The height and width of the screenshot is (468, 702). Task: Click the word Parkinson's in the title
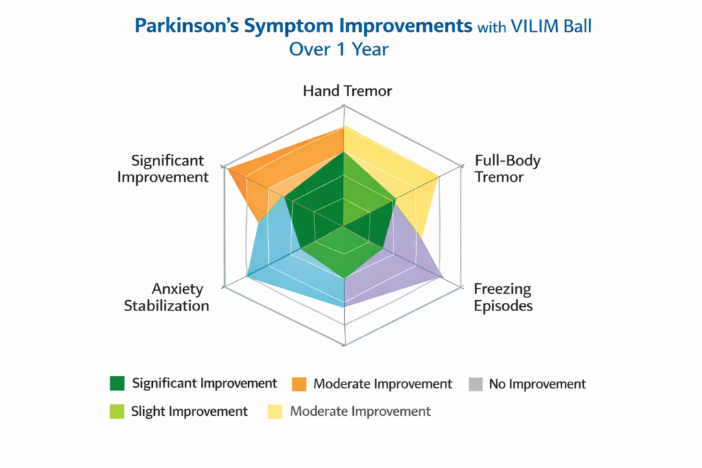click(178, 26)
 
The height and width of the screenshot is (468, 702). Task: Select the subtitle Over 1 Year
click(339, 49)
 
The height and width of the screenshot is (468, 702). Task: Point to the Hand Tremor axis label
click(348, 91)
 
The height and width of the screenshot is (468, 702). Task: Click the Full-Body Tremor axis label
click(507, 169)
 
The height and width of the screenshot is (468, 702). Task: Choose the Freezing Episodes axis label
click(503, 297)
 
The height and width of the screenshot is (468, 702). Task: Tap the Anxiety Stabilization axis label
click(167, 297)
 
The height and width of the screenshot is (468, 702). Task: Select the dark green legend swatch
click(117, 384)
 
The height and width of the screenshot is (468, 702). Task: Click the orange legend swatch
click(298, 384)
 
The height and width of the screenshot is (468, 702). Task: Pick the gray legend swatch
click(475, 384)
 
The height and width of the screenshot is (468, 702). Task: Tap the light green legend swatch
click(117, 412)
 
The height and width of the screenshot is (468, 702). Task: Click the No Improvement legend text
click(537, 384)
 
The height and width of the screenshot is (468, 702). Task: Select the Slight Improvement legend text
click(189, 412)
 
